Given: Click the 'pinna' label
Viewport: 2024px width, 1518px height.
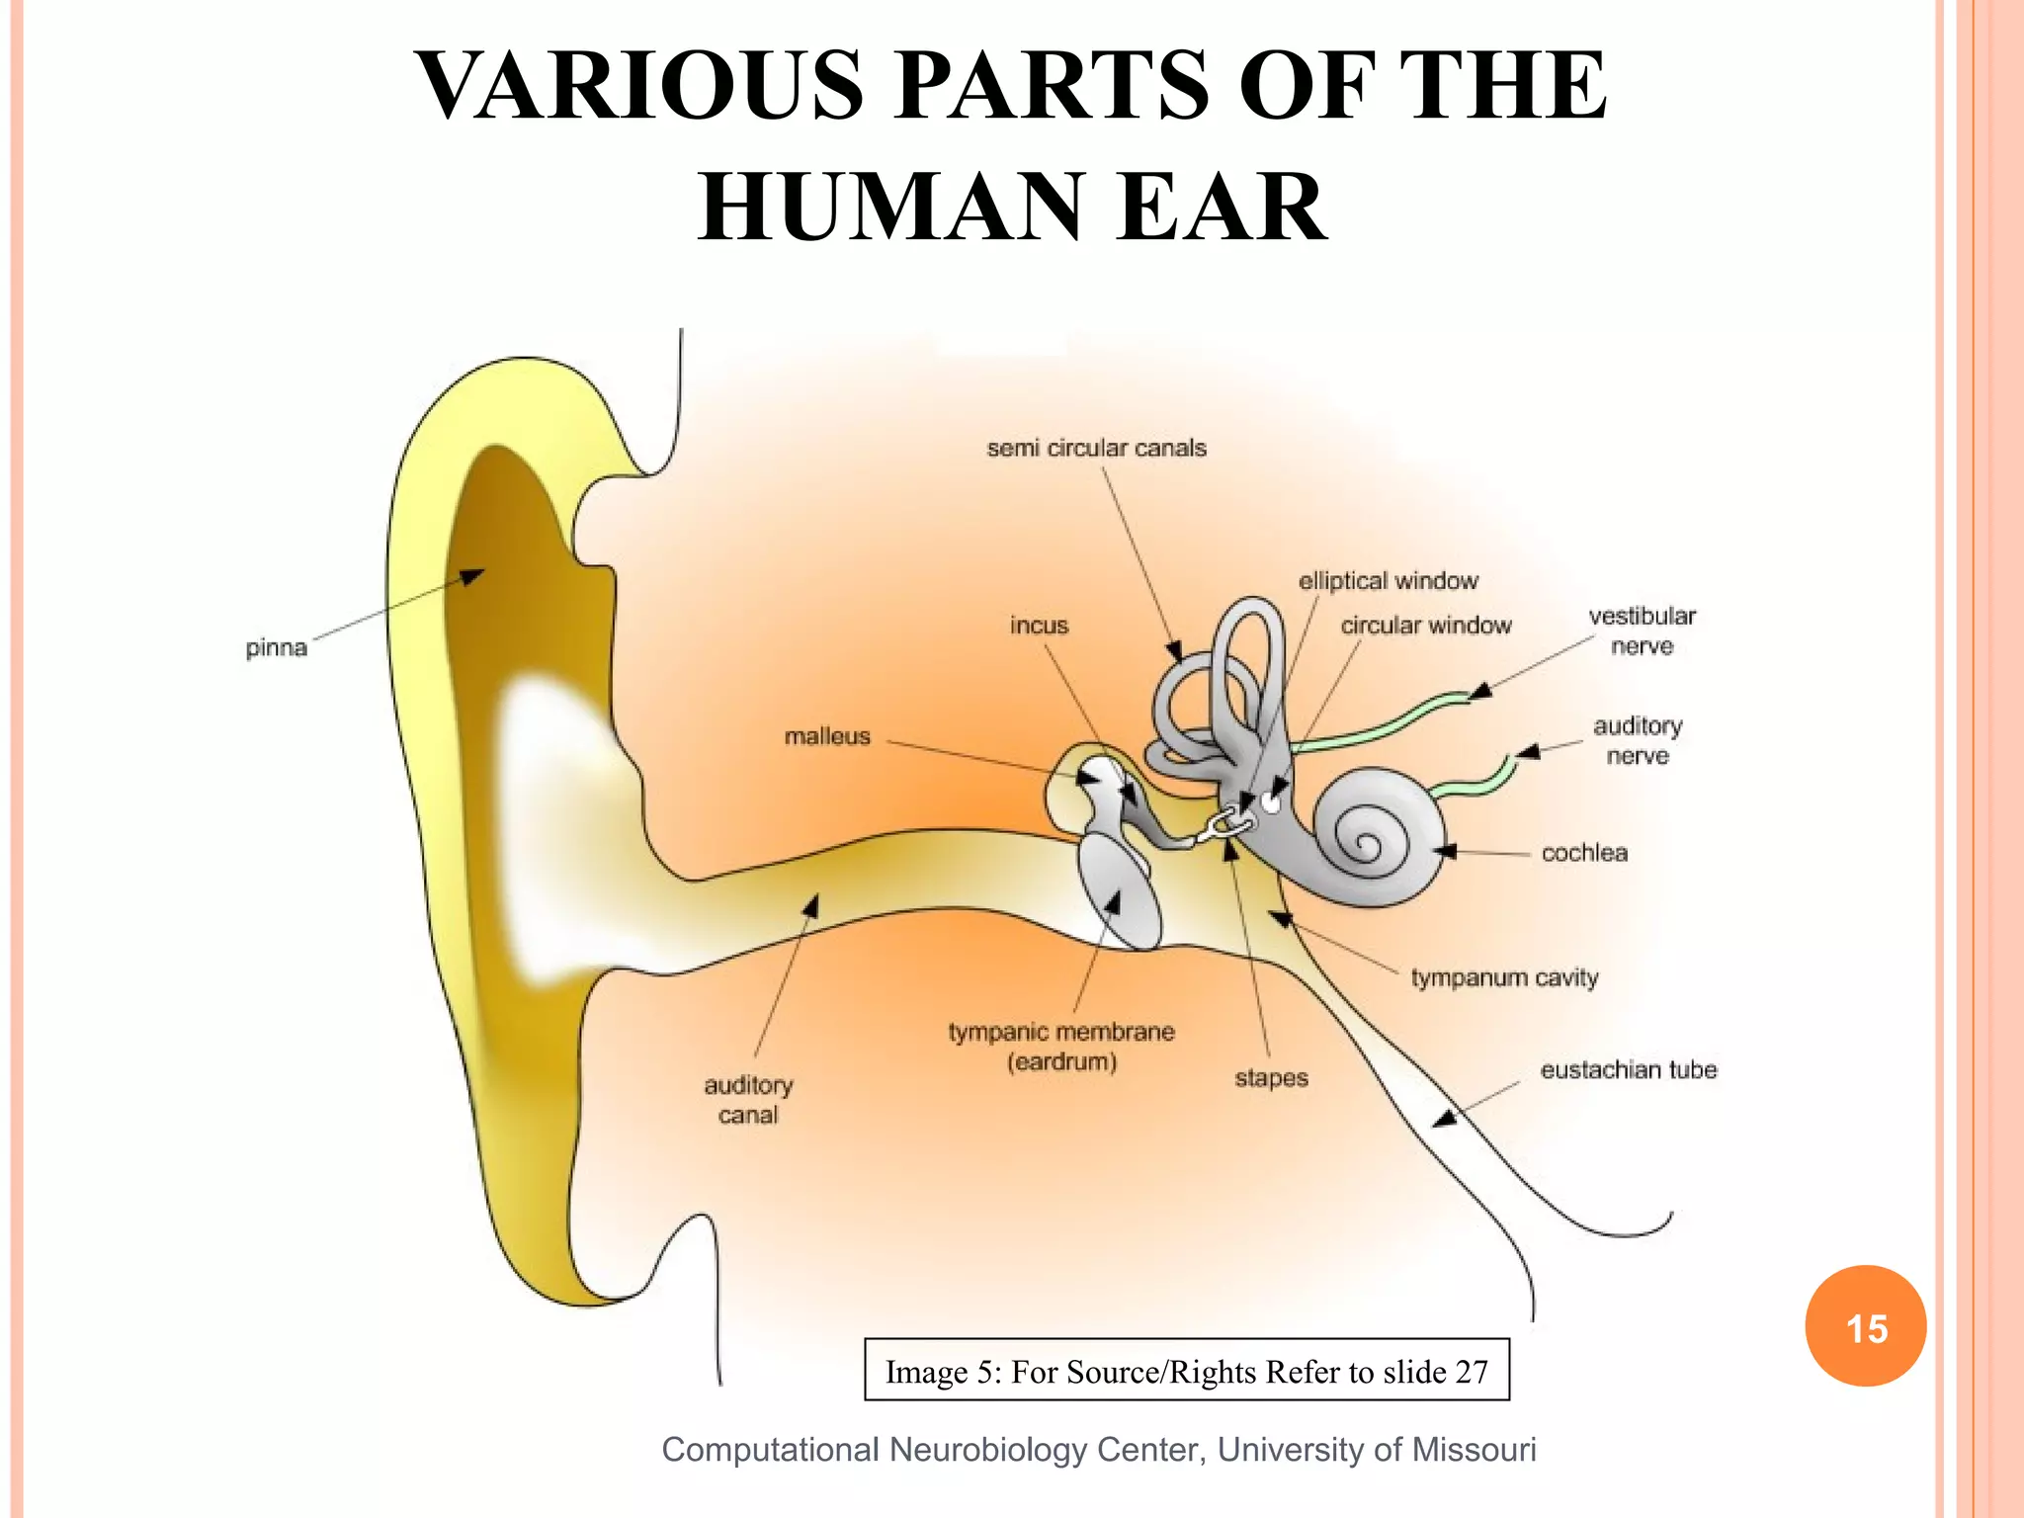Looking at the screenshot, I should point(276,648).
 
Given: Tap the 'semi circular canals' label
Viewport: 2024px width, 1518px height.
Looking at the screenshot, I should point(1096,448).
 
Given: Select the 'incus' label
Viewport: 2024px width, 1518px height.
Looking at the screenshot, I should point(1039,626).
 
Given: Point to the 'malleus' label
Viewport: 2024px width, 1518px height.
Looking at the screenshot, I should point(827,736).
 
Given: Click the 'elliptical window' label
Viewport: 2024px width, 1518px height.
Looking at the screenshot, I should point(1388,581).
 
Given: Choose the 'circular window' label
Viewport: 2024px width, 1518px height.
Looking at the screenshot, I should point(1425,626).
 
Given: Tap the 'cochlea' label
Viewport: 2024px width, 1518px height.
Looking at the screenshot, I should point(1583,853).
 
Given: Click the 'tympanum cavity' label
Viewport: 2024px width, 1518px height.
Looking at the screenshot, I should point(1503,977).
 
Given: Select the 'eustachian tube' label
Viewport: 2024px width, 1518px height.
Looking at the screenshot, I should point(1628,1069).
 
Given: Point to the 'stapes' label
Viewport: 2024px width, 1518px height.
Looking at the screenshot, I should point(1271,1078).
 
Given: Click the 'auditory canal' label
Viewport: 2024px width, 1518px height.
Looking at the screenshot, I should point(748,1100).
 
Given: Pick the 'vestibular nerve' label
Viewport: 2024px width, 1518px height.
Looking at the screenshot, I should point(1642,631).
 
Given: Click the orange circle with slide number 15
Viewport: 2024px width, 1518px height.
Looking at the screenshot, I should point(1865,1326).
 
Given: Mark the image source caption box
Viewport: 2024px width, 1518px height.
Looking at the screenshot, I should point(1186,1371).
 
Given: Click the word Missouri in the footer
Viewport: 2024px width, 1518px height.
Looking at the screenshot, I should point(1474,1449).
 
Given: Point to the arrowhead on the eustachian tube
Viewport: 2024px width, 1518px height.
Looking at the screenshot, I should point(1445,1119).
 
